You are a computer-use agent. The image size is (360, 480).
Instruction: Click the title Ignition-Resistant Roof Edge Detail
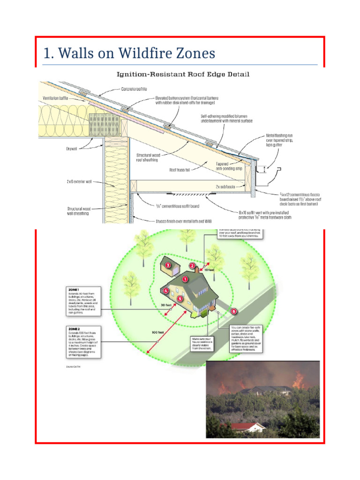coord(183,74)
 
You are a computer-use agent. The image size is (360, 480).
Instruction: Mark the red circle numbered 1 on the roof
coord(185,279)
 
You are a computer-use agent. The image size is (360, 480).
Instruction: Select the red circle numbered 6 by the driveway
coord(234,311)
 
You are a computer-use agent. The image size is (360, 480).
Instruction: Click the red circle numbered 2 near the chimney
coord(192,266)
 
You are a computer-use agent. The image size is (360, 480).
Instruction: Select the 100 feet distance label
coord(157,332)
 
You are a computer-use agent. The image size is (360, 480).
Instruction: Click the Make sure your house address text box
coord(202,343)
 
